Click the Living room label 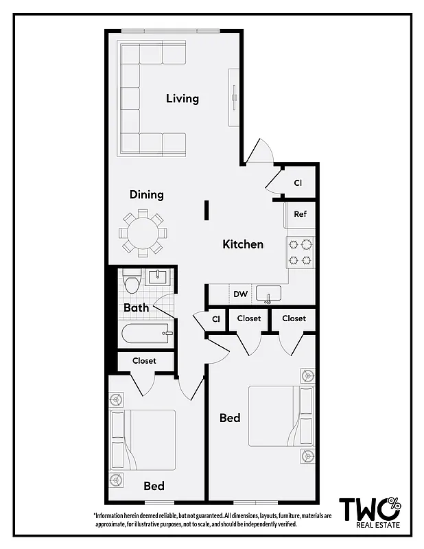tap(182, 99)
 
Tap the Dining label tap(147, 195)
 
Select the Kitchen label tap(243, 244)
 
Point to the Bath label tap(136, 308)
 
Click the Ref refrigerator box tap(300, 214)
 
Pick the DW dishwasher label tap(240, 294)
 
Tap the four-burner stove tap(300, 251)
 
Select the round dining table tap(143, 233)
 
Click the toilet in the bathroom tap(132, 281)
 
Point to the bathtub tap(146, 336)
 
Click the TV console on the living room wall tap(234, 96)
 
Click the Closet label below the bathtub tap(144, 360)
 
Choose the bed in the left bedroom tap(144, 439)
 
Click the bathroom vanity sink tap(157, 278)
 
